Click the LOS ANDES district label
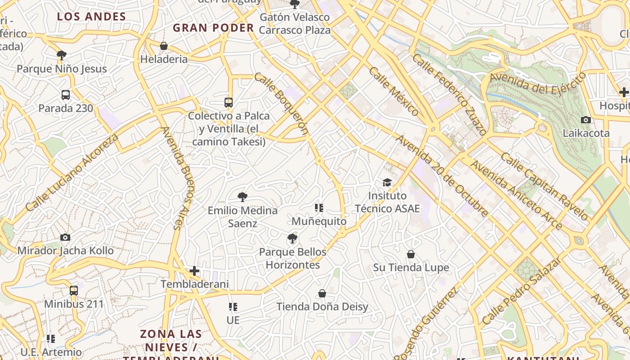point(91,17)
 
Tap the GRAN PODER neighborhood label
point(213,28)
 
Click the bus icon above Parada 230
point(66,95)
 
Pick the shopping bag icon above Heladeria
point(164,46)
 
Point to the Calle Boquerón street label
point(281,103)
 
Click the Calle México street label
point(394,91)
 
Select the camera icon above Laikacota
point(585,120)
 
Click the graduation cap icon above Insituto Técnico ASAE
point(387,182)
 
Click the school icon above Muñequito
point(319,208)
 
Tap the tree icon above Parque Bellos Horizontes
point(292,238)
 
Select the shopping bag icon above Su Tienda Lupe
point(411,255)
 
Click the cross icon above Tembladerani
point(194,271)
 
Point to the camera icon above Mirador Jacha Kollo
point(65,237)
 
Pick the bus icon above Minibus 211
point(74,291)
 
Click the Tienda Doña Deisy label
point(322,307)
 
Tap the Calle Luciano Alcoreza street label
point(72,172)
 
